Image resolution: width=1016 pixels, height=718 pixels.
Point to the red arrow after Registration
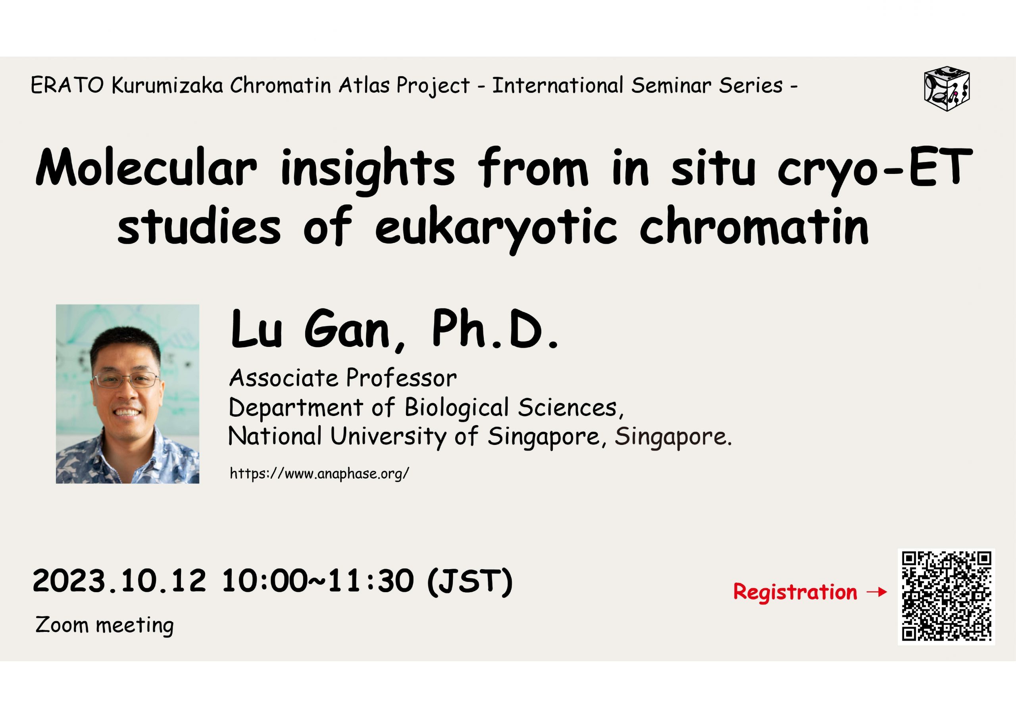click(x=876, y=592)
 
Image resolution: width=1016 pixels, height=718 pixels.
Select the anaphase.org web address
click(x=319, y=474)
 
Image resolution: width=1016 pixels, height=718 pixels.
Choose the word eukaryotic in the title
click(x=496, y=230)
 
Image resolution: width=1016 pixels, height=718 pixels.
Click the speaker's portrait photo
click(x=127, y=394)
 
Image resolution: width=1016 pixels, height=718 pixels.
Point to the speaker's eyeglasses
click(x=126, y=380)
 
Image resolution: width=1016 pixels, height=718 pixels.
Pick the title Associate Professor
click(x=343, y=379)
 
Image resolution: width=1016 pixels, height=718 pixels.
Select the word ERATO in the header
click(x=67, y=85)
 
